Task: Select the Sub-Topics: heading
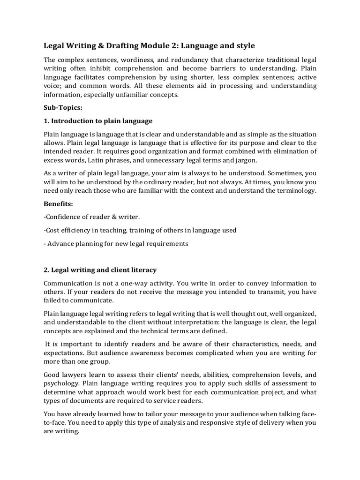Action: coord(63,107)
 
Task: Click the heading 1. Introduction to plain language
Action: coord(98,121)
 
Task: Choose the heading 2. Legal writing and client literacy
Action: coord(100,270)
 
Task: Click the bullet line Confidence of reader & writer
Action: coord(92,217)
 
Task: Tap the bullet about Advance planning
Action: coord(116,243)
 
